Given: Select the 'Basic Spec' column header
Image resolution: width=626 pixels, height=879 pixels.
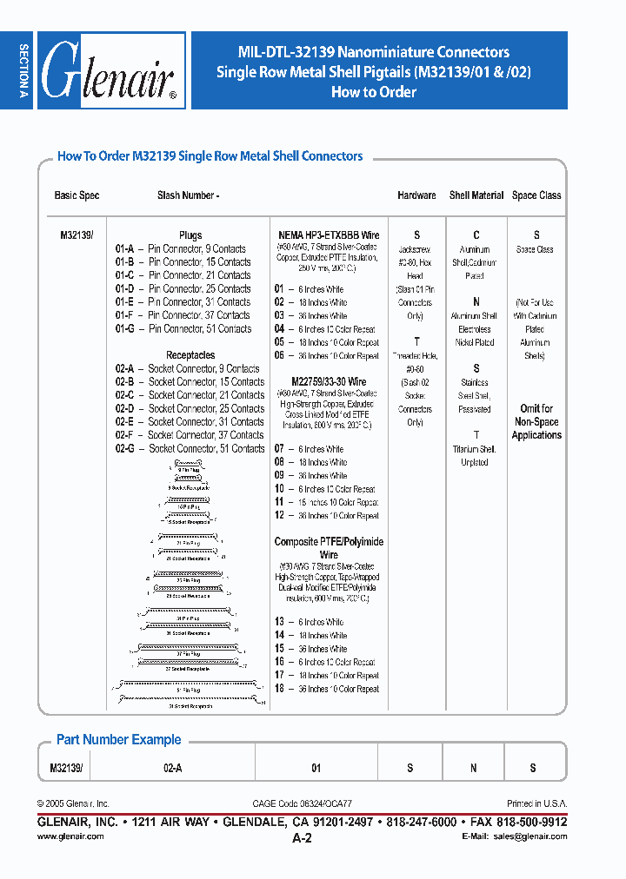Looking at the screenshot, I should [x=77, y=196].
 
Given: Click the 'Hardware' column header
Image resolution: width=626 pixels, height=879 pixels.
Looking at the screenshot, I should [x=416, y=196].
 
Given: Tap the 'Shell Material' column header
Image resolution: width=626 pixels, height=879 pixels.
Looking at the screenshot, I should [x=476, y=196].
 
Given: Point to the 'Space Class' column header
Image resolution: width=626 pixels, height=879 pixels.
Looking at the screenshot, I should [x=536, y=196].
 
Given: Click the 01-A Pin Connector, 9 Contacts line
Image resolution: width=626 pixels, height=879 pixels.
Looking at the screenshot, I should [x=181, y=249].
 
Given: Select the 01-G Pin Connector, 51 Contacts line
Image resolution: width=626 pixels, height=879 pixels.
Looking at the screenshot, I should [x=183, y=329].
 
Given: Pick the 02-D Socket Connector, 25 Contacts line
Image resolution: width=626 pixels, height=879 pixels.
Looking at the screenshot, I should [x=190, y=409].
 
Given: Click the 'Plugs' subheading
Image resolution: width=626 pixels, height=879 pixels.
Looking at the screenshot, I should [x=190, y=235].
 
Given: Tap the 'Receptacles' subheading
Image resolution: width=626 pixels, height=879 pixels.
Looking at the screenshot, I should [x=190, y=355].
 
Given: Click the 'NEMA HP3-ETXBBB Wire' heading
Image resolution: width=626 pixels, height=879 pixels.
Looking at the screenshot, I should [x=329, y=235].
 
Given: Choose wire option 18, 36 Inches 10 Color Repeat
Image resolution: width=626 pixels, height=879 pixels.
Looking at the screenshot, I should [x=326, y=689].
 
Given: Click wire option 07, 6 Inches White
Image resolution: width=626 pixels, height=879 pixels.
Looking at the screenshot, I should [x=310, y=449].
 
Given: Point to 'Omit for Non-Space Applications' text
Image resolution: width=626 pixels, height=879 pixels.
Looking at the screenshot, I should [x=536, y=422].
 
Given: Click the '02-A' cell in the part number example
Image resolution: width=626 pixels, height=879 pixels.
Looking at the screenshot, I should [x=172, y=769].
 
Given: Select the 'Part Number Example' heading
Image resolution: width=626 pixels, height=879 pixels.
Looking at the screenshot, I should [x=119, y=740].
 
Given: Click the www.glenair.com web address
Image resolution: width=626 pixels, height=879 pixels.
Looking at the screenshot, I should [x=70, y=836].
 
